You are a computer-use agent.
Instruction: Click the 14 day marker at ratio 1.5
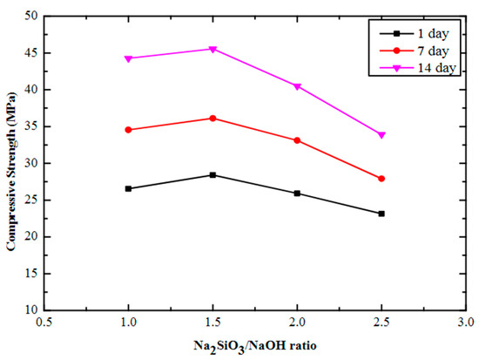pos(213,49)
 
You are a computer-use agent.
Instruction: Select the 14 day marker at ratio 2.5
pos(381,135)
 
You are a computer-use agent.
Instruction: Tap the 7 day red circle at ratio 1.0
pos(128,130)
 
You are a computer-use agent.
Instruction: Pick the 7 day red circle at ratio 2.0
pos(297,140)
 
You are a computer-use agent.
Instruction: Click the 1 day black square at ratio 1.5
pos(213,175)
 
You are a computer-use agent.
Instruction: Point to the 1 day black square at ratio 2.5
pos(381,214)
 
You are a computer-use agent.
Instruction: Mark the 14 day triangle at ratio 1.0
pos(128,58)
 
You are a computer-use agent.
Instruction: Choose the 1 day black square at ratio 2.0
pos(297,194)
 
